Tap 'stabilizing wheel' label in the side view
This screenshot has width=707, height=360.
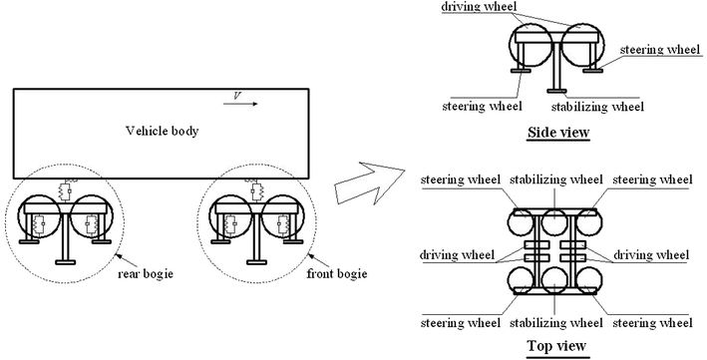[597, 106]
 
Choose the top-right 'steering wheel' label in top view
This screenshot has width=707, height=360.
[654, 180]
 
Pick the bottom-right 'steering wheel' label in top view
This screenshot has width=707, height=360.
[654, 323]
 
